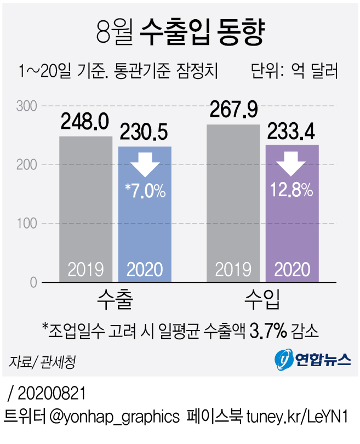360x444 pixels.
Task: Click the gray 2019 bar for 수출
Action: [85, 208]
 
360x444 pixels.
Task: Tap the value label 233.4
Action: [292, 132]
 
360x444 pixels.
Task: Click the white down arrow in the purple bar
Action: [292, 163]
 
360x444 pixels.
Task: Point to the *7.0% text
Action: [145, 191]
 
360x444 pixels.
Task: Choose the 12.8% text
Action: [292, 190]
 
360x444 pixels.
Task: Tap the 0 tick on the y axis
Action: [32, 283]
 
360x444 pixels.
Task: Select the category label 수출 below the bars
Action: [115, 300]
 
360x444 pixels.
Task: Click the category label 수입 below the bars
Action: [262, 300]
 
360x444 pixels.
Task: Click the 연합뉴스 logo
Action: [313, 360]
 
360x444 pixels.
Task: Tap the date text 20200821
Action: [53, 394]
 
